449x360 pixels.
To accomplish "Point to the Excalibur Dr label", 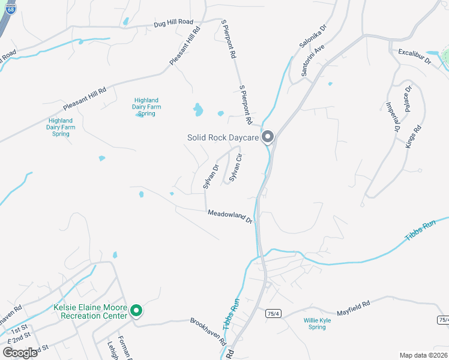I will [415, 57].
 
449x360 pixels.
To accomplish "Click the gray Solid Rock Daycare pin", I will [268, 137].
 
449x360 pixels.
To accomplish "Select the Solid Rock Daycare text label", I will [223, 137].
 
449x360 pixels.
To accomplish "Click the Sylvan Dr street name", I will [210, 177].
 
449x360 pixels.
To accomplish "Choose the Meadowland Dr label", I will [230, 216].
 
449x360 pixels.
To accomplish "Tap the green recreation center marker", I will [136, 311].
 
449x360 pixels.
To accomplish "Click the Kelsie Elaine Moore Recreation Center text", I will [91, 311].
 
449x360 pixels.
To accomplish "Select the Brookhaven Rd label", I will [208, 331].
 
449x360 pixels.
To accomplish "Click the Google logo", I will [19, 352].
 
